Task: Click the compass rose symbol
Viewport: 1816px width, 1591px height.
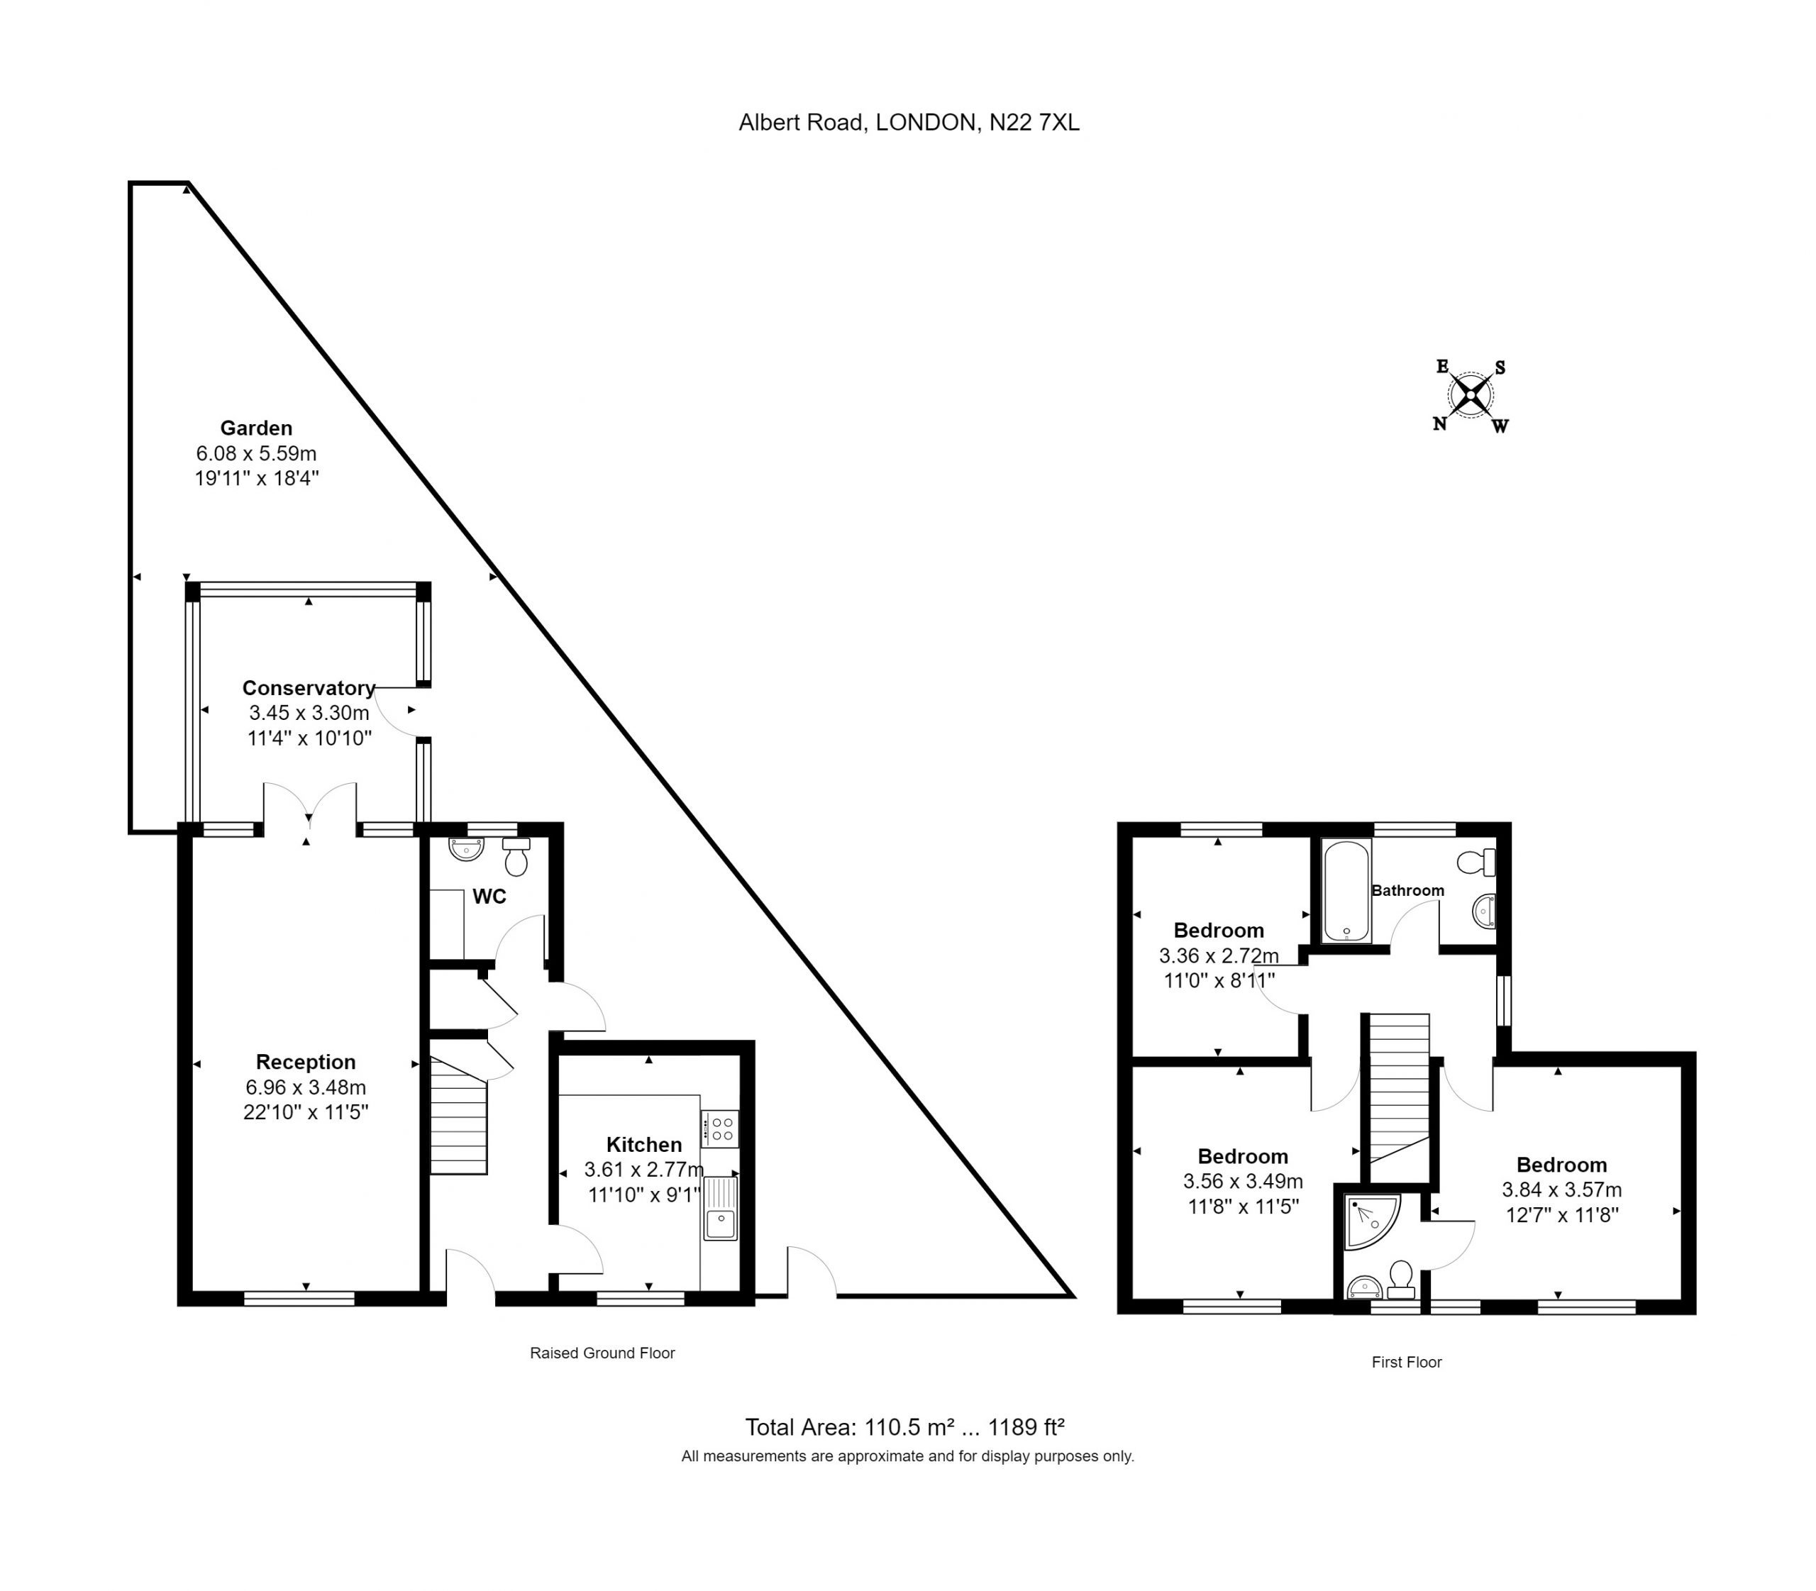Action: click(x=1470, y=395)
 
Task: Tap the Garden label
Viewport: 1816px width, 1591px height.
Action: click(x=257, y=428)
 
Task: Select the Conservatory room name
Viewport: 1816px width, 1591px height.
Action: click(x=308, y=687)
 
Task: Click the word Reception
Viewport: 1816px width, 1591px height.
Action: click(x=306, y=1061)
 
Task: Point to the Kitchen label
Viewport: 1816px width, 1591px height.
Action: click(x=644, y=1144)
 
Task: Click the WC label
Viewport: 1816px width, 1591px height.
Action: click(x=489, y=897)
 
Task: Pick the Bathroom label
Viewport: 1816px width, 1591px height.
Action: click(x=1407, y=889)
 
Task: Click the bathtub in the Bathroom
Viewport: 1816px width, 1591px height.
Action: click(x=1346, y=890)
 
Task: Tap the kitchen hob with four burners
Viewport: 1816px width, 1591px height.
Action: click(x=719, y=1129)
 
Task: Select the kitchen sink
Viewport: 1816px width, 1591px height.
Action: click(x=719, y=1207)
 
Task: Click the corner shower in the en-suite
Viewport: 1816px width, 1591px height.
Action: click(x=1372, y=1221)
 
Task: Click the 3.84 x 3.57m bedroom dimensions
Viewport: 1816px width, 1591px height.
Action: click(x=1561, y=1190)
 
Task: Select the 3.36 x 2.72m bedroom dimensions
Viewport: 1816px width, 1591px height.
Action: click(x=1219, y=956)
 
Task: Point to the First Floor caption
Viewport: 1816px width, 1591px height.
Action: click(x=1407, y=1362)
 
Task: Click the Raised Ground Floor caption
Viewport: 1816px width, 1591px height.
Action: click(x=602, y=1353)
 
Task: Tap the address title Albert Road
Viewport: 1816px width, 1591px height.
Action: click(x=909, y=123)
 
